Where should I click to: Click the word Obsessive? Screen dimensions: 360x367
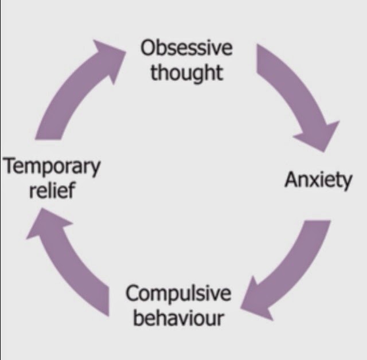click(x=186, y=48)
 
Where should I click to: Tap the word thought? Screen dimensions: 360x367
click(x=186, y=73)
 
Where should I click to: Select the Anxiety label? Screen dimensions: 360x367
click(x=319, y=181)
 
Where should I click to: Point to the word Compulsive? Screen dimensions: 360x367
click(x=178, y=295)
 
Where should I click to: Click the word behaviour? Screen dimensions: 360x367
click(x=178, y=317)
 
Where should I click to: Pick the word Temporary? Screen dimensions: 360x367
click(x=52, y=168)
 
